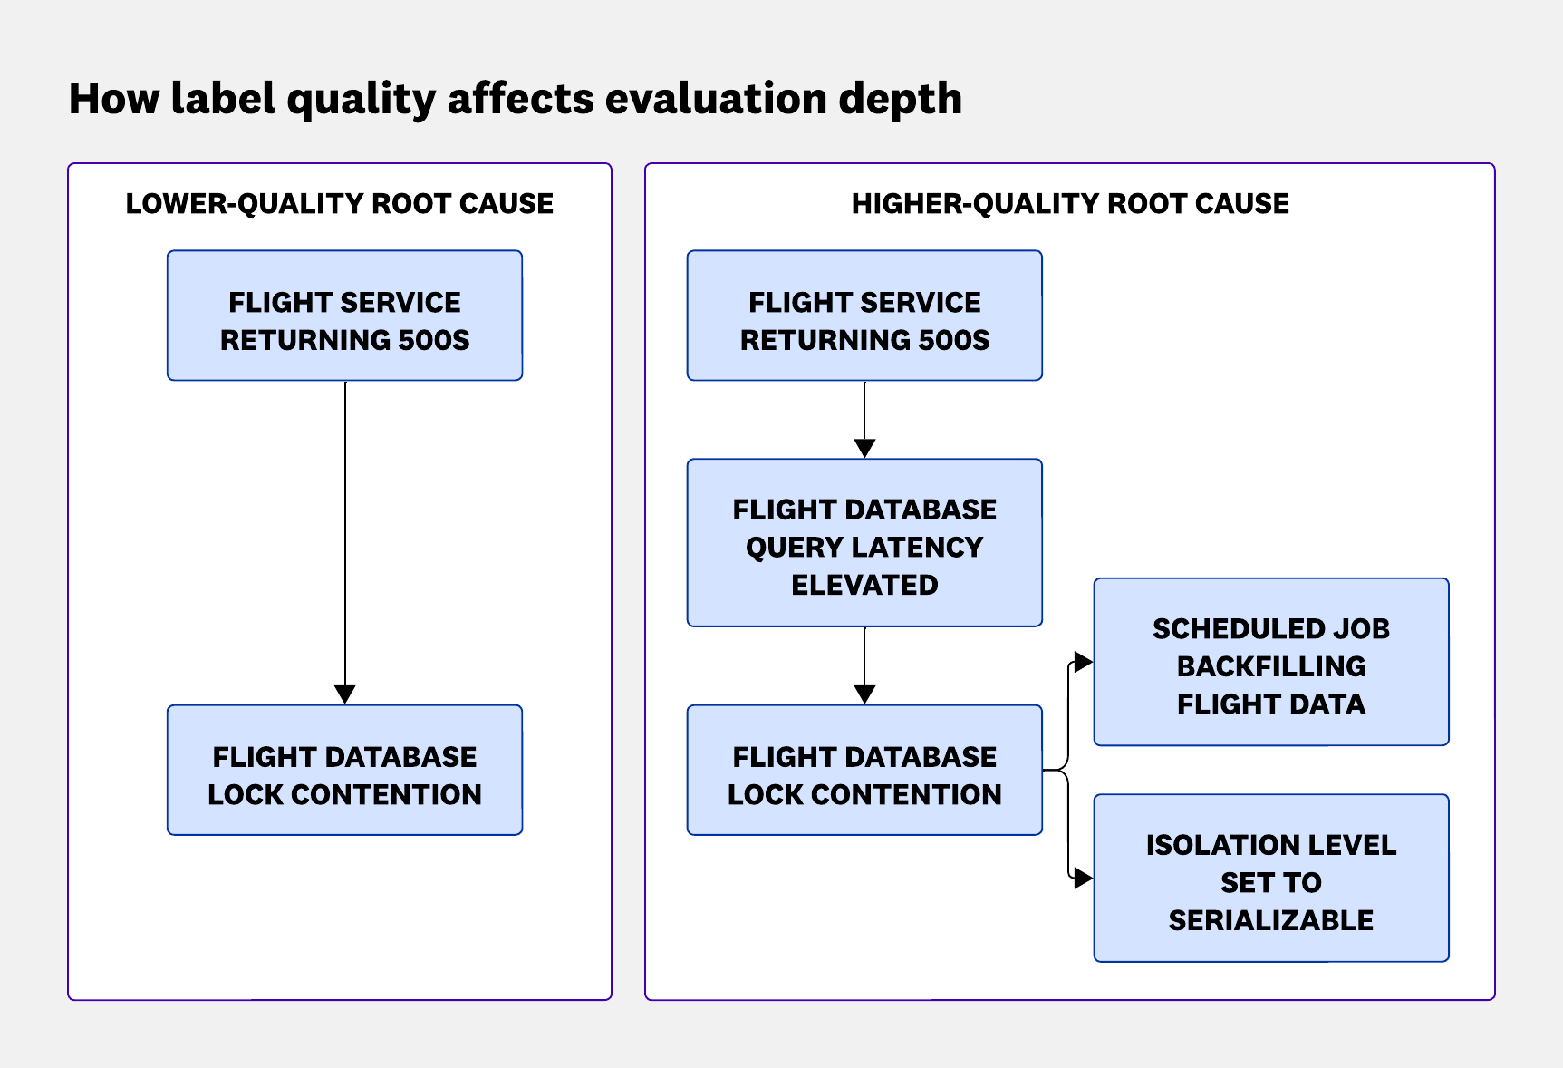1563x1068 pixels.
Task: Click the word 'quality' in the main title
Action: (x=361, y=100)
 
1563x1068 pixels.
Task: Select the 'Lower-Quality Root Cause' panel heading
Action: (x=340, y=204)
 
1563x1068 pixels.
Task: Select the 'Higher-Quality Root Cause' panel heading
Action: (x=1070, y=204)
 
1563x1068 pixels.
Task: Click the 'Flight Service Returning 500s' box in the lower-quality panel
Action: (x=344, y=316)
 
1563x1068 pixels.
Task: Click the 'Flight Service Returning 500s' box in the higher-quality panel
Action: (x=864, y=316)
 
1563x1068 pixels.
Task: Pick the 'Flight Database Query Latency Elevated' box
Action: (x=864, y=543)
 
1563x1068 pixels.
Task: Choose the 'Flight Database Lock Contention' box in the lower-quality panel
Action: (x=344, y=771)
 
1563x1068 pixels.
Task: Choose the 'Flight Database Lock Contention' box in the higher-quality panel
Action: (x=864, y=771)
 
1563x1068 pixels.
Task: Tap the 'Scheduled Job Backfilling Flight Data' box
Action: (x=1271, y=663)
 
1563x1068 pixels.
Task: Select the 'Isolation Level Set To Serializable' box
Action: (x=1271, y=879)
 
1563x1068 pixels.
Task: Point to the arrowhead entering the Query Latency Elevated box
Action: (x=864, y=449)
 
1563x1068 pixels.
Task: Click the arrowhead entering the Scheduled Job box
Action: (x=1083, y=662)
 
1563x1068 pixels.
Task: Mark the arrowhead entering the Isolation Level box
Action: (x=1083, y=878)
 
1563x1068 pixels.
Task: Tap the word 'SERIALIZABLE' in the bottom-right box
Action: (x=1270, y=920)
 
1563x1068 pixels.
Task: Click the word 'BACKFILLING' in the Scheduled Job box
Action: (x=1271, y=666)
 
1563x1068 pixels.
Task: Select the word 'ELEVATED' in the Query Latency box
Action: (x=864, y=585)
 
